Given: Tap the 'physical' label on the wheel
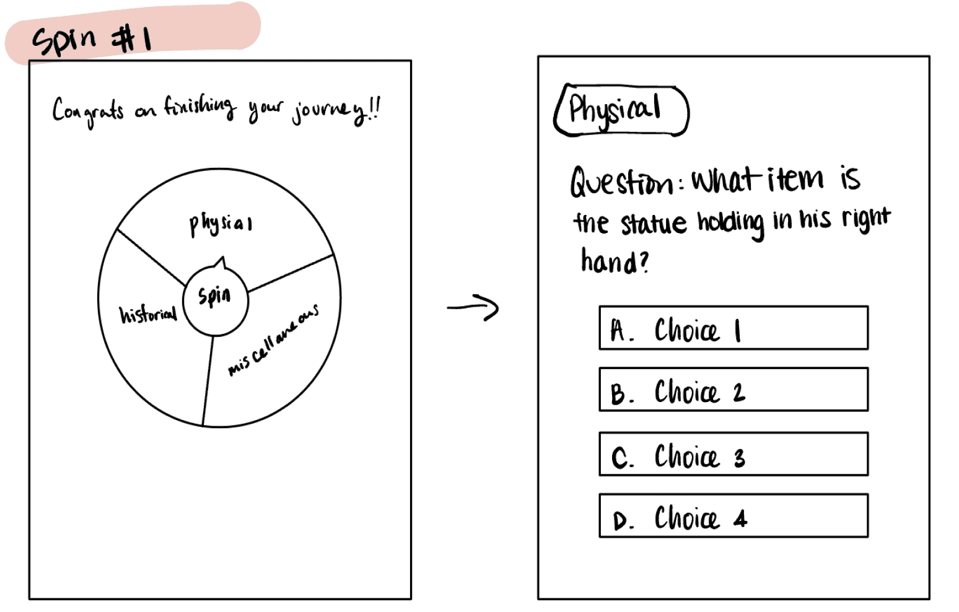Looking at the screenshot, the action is click(x=221, y=224).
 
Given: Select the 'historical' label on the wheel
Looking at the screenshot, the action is click(x=147, y=315).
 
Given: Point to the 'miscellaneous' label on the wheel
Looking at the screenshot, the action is click(x=273, y=339).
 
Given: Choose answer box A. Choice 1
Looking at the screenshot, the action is click(x=733, y=328).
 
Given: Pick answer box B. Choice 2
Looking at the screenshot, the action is click(x=733, y=390).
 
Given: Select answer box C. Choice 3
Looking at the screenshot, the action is click(x=733, y=455).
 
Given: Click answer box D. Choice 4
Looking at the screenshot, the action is click(x=733, y=516).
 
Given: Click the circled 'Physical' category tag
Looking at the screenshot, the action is click(x=620, y=110).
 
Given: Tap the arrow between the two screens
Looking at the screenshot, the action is click(x=473, y=307).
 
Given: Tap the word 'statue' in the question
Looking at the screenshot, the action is click(x=654, y=223).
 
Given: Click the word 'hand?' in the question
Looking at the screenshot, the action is click(x=614, y=261).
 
